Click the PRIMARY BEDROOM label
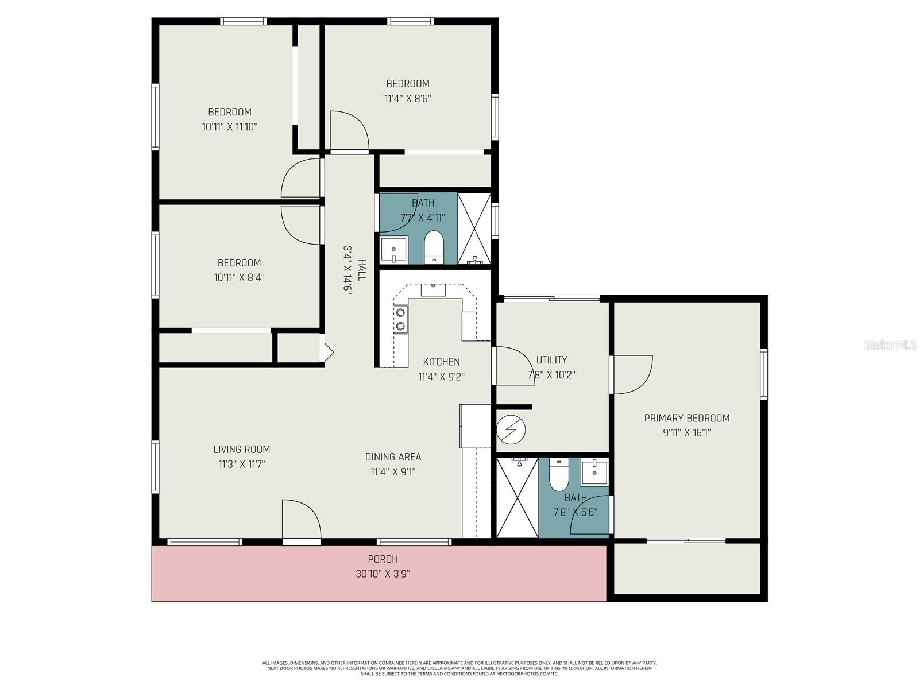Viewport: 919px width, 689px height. point(686,418)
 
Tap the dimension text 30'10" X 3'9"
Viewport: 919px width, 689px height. point(382,574)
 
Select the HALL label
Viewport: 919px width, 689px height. point(362,270)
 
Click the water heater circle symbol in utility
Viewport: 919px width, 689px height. point(511,429)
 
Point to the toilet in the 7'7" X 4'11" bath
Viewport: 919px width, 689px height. point(434,246)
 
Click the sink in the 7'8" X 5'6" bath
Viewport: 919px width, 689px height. point(594,473)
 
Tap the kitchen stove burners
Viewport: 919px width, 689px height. point(400,319)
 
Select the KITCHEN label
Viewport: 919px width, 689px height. point(441,362)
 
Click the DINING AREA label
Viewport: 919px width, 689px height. point(393,457)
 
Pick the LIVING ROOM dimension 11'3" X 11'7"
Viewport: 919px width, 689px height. point(241,464)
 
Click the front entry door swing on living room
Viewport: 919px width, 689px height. point(300,520)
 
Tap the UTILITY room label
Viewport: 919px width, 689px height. point(551,360)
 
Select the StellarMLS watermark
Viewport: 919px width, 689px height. point(891,345)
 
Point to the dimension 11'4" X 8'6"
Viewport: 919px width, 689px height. point(407,98)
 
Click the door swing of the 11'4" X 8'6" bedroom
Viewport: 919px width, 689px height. point(349,131)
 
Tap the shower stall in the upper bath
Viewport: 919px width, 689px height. point(474,229)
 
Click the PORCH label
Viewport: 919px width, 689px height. point(383,559)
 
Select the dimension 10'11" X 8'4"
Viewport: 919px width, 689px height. point(239,277)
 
